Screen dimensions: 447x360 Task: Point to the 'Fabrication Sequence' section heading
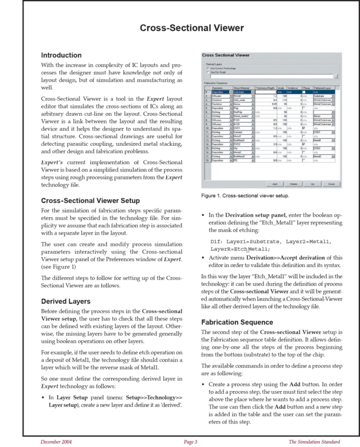point(238,322)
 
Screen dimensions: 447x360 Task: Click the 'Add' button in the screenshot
point(274,184)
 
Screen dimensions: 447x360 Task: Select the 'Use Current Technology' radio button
point(208,68)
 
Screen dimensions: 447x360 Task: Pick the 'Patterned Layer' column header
point(325,88)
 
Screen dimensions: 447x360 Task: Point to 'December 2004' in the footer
point(56,441)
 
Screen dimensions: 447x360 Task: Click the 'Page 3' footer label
point(191,441)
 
